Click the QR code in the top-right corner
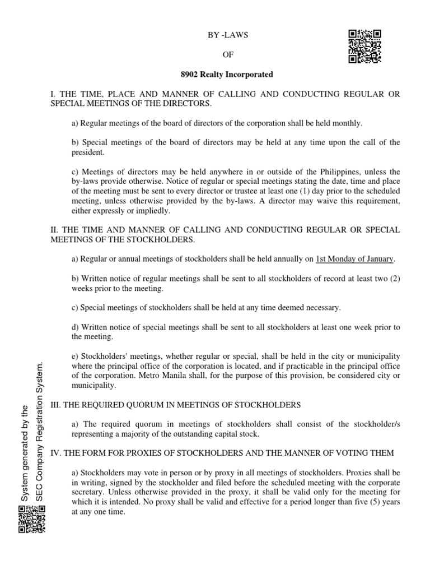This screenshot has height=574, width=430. (x=365, y=46)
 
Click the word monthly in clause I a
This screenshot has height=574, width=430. (x=348, y=123)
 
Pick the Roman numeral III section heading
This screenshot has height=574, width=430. (x=56, y=405)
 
